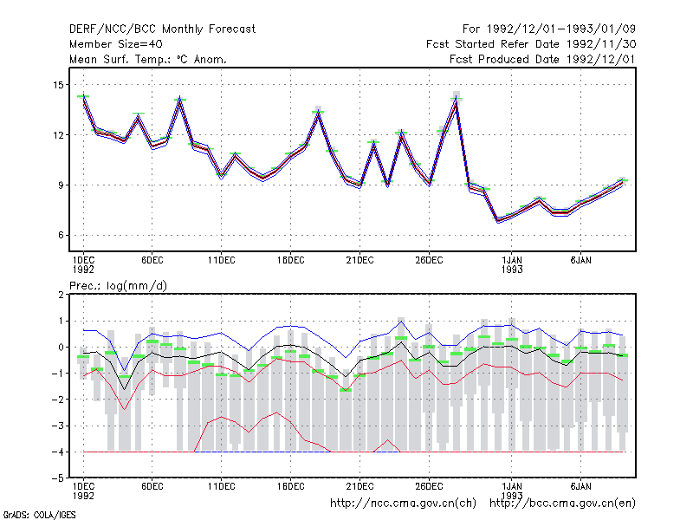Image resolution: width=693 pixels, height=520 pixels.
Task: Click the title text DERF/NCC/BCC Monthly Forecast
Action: (162, 29)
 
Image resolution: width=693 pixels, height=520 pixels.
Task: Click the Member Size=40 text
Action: (116, 44)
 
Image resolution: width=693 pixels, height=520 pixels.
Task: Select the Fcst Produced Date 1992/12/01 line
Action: (543, 59)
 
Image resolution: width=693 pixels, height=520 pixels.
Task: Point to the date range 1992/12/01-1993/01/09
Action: (561, 29)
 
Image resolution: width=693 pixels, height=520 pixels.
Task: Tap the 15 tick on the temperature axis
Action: (58, 84)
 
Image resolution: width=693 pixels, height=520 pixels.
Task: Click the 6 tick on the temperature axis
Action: (61, 235)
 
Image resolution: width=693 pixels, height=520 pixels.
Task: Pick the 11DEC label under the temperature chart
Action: (222, 261)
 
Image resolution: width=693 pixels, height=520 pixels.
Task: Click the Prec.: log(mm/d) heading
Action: (118, 286)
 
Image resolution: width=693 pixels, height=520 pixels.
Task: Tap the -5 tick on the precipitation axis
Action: (58, 478)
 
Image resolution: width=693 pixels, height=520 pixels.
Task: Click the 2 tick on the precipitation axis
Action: (61, 295)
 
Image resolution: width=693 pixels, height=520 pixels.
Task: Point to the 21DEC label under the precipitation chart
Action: (359, 486)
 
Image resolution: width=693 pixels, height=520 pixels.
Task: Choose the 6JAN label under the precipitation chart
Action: (580, 486)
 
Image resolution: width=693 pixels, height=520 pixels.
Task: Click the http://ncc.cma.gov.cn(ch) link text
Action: (403, 504)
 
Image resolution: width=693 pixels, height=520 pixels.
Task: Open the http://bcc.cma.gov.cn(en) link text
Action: (562, 504)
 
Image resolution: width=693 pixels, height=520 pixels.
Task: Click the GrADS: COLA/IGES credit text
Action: (39, 515)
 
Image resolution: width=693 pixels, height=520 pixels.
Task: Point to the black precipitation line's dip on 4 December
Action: (125, 389)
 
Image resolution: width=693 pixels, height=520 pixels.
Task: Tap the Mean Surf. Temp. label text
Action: (120, 59)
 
